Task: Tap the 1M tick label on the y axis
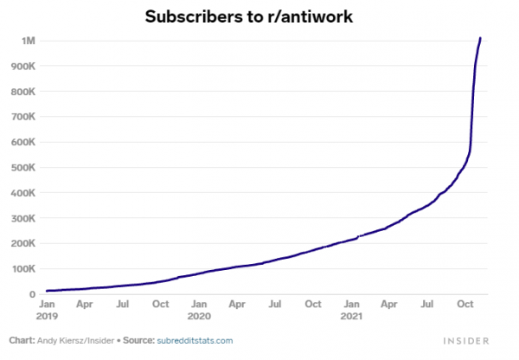pos(28,41)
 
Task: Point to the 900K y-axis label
pos(22,66)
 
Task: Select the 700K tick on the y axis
pos(22,117)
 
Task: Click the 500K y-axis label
pos(22,168)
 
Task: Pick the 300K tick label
pos(22,218)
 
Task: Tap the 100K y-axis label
pos(22,269)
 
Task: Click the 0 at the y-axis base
pos(31,294)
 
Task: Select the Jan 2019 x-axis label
pos(48,310)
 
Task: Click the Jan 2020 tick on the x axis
pos(199,310)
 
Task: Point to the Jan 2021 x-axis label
pos(351,310)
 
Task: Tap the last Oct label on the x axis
pos(465,305)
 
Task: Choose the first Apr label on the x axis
pos(85,305)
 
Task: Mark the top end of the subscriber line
pos(480,38)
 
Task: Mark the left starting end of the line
pos(47,291)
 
